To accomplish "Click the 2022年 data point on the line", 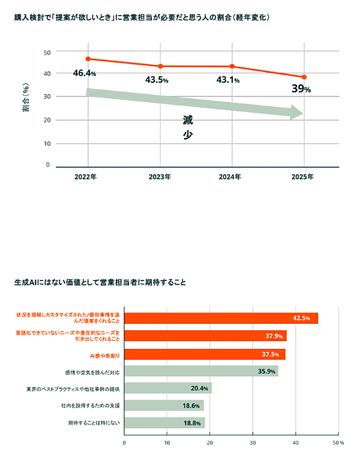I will pyautogui.click(x=88, y=59).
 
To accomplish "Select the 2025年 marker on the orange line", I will pyautogui.click(x=304, y=77).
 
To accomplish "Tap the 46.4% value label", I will pyautogui.click(x=85, y=73).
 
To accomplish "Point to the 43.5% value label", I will pyautogui.click(x=157, y=80).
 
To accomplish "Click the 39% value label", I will pyautogui.click(x=301, y=89).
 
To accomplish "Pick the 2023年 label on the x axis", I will pyautogui.click(x=159, y=177).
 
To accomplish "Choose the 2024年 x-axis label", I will pyautogui.click(x=231, y=177).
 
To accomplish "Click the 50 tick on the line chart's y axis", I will pyautogui.click(x=47, y=52).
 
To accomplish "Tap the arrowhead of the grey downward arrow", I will pyautogui.click(x=296, y=112).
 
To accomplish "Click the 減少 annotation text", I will pyautogui.click(x=188, y=128).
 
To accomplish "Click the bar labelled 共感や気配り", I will pyautogui.click(x=205, y=354).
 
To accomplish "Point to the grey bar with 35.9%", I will pyautogui.click(x=201, y=371).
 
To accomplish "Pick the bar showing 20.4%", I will pyautogui.click(x=168, y=388).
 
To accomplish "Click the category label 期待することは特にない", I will pyautogui.click(x=94, y=423).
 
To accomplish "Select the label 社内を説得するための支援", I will pyautogui.click(x=91, y=406).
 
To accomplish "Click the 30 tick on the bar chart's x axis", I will pyautogui.click(x=253, y=444).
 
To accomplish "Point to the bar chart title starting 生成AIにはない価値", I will pyautogui.click(x=101, y=282).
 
